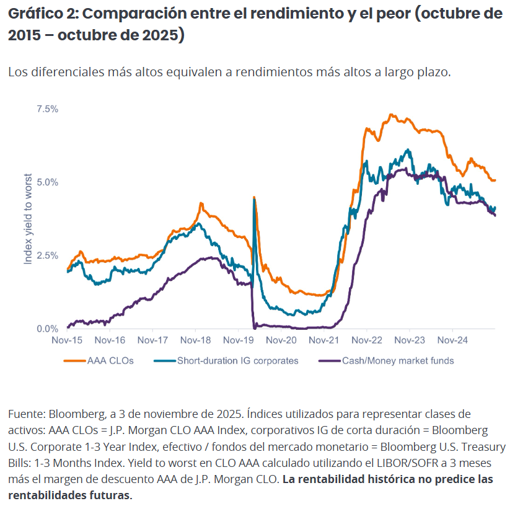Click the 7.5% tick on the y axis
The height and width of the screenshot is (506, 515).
tap(47, 109)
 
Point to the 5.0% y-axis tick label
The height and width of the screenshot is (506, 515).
tap(47, 182)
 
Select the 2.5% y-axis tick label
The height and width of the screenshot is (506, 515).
tap(47, 255)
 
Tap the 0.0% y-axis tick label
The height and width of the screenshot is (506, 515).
tap(47, 329)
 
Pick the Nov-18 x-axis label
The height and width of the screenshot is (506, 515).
tap(196, 340)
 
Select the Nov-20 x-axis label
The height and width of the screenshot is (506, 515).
tap(281, 340)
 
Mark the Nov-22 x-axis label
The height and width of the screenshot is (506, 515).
tap(366, 340)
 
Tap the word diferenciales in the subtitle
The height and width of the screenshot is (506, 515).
tap(63, 72)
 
